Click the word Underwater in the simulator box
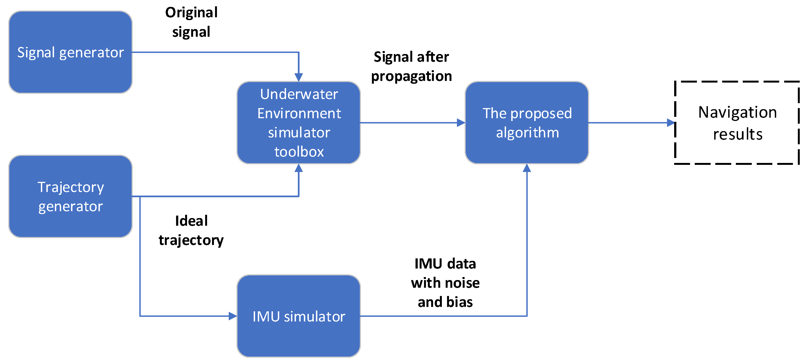(299, 94)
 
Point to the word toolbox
(299, 152)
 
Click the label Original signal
(191, 22)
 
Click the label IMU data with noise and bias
(445, 283)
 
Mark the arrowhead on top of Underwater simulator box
(299, 77)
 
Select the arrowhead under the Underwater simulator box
(299, 168)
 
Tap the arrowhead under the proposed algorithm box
(527, 168)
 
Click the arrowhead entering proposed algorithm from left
(461, 123)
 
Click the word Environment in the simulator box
(299, 113)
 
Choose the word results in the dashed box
(738, 134)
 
